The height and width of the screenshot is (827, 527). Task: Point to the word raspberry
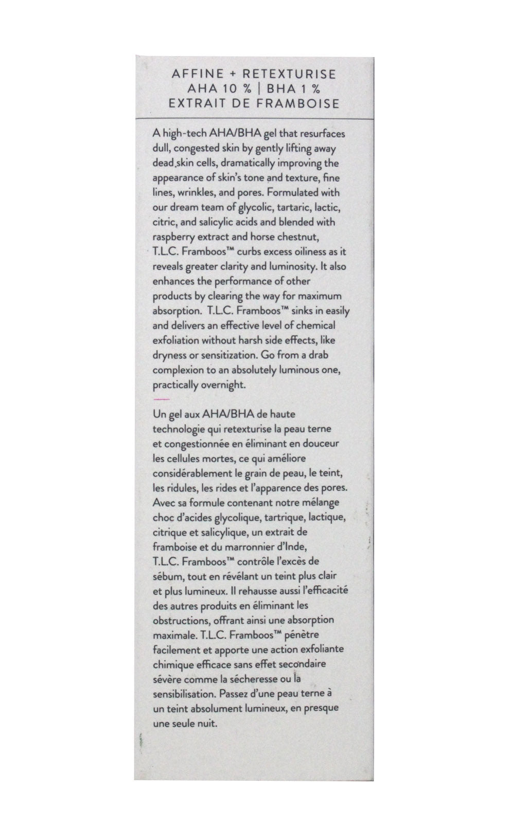tap(172, 238)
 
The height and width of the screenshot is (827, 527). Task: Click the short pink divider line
tap(161, 399)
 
